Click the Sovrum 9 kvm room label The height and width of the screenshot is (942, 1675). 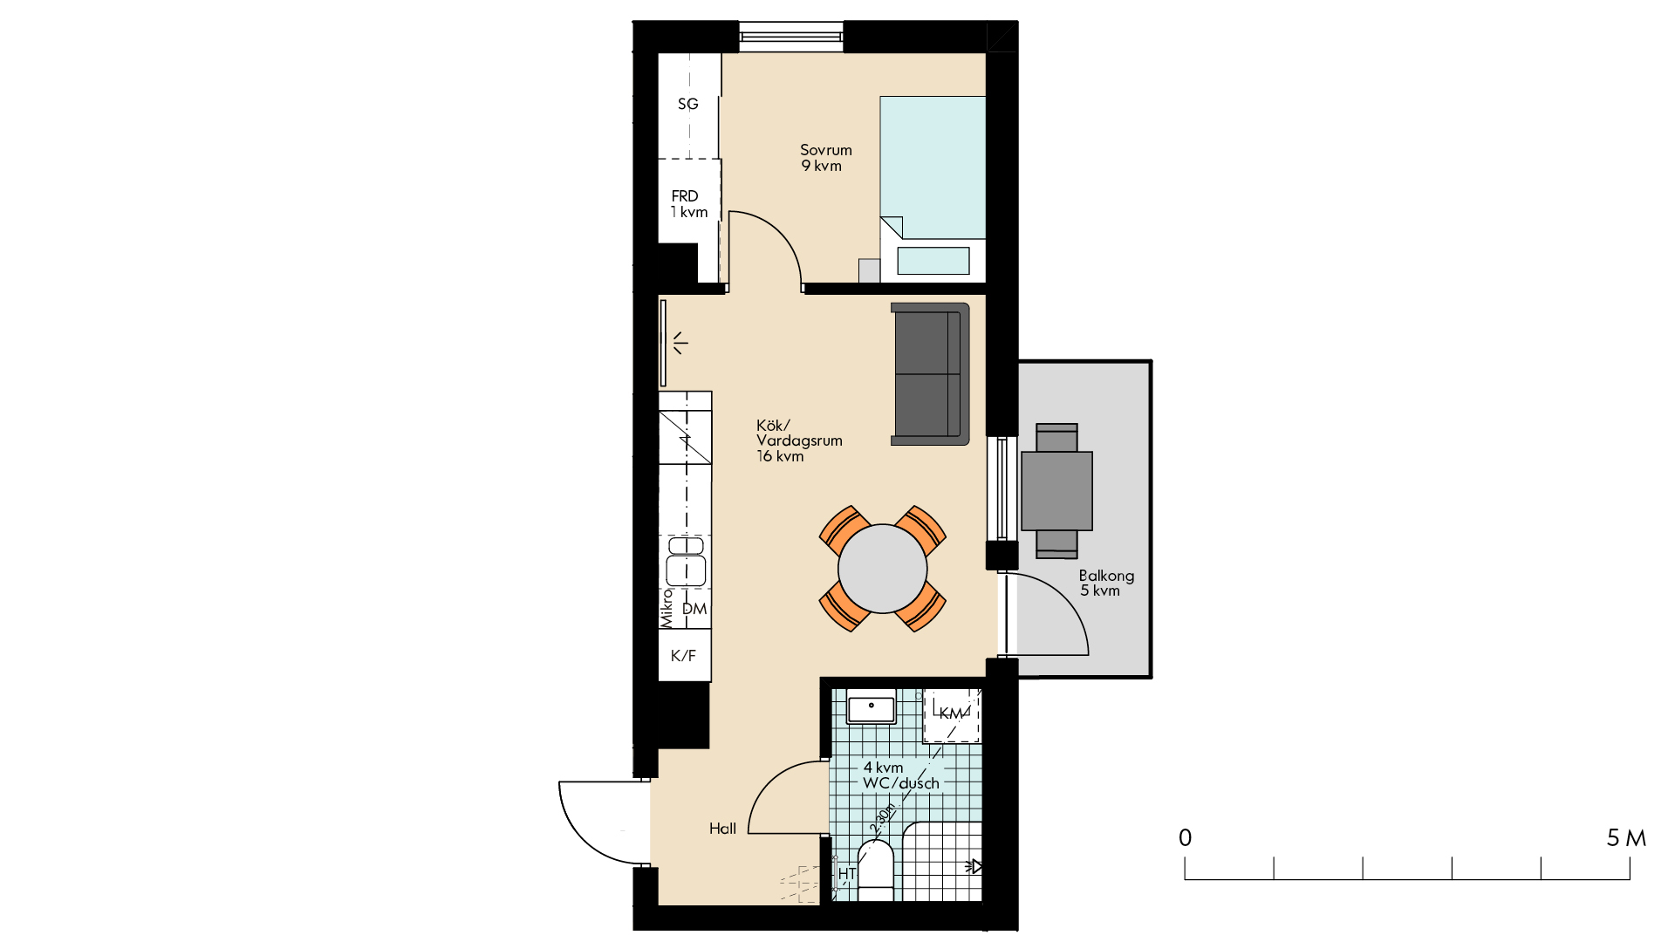coord(825,158)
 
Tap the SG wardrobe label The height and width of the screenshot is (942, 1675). coord(688,104)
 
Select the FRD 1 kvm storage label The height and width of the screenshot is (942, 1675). coord(688,204)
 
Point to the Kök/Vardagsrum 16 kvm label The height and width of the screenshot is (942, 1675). coord(799,440)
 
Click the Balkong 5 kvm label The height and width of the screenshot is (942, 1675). coord(1106,583)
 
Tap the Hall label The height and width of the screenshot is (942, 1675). coord(722,829)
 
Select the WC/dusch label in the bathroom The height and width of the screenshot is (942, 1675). coord(901,783)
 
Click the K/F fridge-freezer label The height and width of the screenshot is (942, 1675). coord(683,656)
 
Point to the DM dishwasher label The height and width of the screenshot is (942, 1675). coord(694,609)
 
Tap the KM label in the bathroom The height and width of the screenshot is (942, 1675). coord(951,713)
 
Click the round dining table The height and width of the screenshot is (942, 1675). coord(883,569)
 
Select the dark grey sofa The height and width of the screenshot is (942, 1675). coord(930,374)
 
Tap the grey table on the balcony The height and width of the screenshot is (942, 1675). coord(1056,491)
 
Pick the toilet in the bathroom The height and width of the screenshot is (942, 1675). coord(875,870)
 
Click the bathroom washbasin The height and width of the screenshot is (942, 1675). coord(872,709)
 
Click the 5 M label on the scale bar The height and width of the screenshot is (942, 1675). coord(1626,838)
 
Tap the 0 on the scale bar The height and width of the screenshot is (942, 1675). coord(1185,838)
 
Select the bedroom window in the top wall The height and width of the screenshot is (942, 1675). coord(791,37)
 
